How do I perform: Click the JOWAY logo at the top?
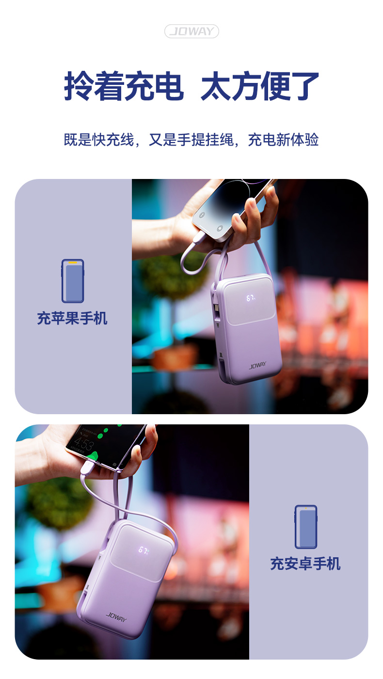pos(191,31)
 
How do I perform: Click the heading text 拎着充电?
pos(124,86)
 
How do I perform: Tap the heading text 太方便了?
pos(260,86)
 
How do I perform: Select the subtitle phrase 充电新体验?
pos(283,140)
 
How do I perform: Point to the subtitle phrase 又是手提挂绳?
pos(191,140)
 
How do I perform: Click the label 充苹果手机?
pos(72,318)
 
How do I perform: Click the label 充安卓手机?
pos(305,564)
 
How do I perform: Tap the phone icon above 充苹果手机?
pos(73,281)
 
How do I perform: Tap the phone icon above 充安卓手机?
pos(306,527)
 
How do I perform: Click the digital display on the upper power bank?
pos(251,298)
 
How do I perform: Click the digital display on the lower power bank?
pos(144,550)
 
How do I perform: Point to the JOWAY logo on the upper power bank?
pos(257,365)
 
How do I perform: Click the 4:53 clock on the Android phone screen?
pos(84,445)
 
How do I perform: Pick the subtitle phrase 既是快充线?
pos(99,140)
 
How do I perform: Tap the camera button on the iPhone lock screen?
pos(220,228)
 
